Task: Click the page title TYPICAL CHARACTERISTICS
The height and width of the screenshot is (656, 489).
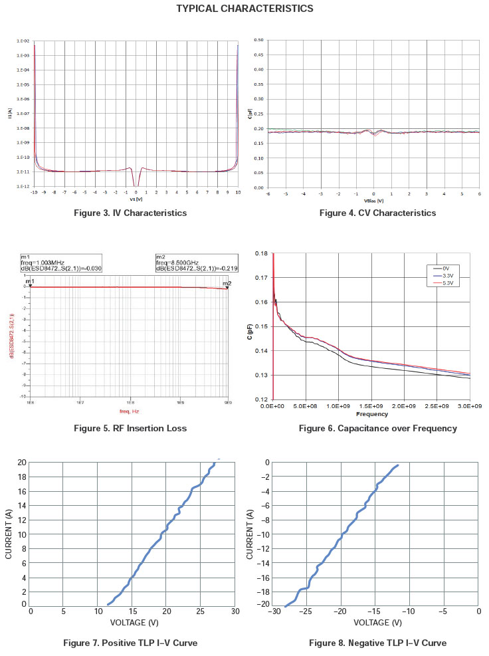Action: [244, 9]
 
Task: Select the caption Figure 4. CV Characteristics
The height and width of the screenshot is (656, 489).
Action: [377, 213]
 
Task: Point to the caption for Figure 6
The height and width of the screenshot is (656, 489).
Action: [377, 428]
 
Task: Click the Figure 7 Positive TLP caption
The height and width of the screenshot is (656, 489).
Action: [130, 643]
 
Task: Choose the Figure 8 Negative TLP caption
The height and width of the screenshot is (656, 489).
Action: [377, 643]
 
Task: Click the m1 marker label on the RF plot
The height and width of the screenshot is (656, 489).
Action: [29, 282]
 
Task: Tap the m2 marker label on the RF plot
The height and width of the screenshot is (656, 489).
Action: [227, 284]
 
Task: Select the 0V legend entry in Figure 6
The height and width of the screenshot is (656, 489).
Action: [446, 268]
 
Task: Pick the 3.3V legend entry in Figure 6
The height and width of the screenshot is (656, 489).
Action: [447, 275]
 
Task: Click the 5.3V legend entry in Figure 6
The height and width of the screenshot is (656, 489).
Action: [447, 282]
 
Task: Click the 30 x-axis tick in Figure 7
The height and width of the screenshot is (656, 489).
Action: [235, 613]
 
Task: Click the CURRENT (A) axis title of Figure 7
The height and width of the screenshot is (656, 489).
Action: [9, 533]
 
